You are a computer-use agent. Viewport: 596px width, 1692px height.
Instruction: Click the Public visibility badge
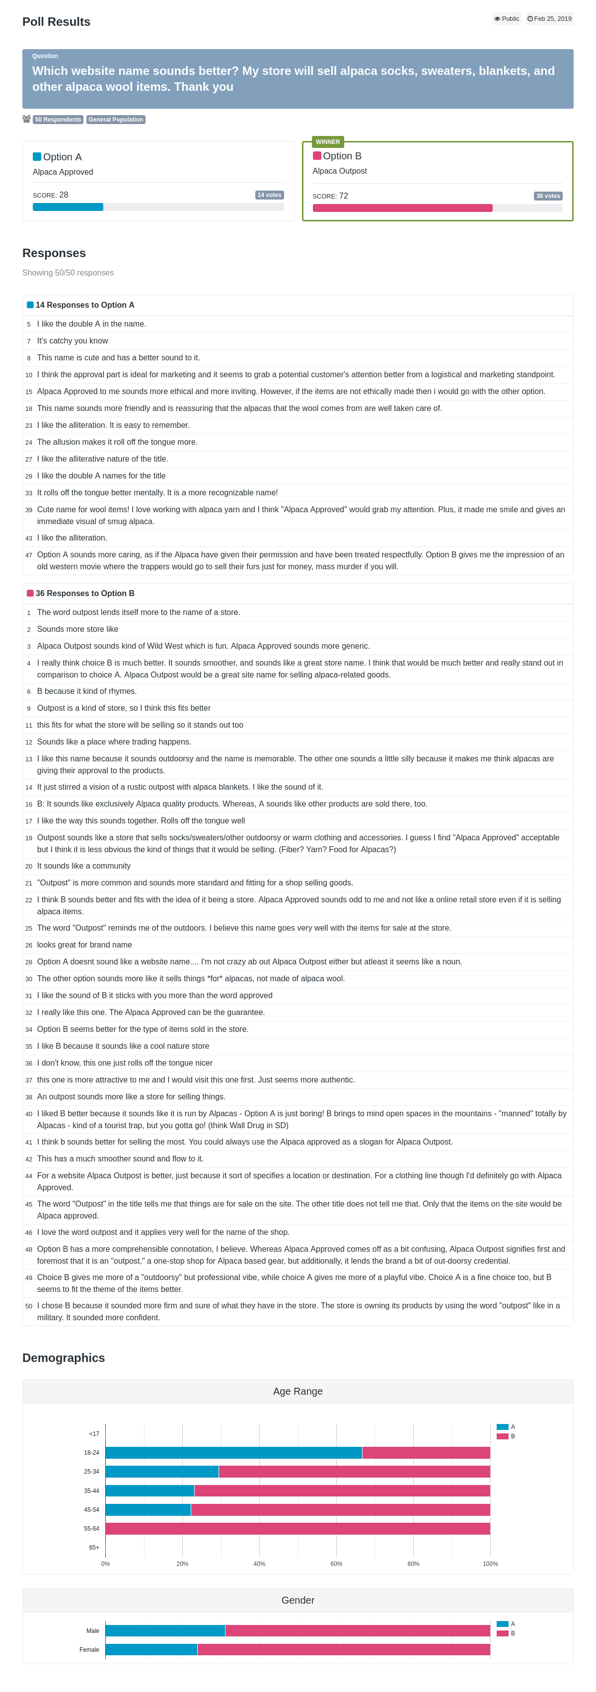[x=507, y=19]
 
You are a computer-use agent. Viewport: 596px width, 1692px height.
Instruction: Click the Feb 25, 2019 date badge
[x=549, y=19]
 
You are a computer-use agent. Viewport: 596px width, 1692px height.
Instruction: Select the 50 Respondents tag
[x=58, y=120]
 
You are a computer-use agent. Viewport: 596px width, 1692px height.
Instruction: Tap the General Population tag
[x=116, y=120]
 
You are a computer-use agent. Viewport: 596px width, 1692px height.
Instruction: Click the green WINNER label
[x=327, y=142]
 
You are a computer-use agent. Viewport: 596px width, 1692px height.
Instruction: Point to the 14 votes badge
[x=269, y=195]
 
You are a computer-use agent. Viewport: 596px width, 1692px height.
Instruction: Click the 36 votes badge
[x=548, y=196]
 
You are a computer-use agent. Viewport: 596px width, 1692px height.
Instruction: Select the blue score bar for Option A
[x=68, y=207]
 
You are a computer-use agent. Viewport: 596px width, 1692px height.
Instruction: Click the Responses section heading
[x=54, y=254]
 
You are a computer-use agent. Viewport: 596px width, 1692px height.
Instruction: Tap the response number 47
[x=29, y=555]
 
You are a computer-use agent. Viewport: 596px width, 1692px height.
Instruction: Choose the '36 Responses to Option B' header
[x=85, y=593]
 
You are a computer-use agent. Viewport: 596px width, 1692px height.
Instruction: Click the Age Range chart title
[x=298, y=1391]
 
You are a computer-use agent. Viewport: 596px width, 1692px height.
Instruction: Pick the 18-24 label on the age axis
[x=91, y=1452]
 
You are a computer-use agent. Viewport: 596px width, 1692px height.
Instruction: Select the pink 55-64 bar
[x=298, y=1528]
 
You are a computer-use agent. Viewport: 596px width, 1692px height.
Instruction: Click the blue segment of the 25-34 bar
[x=161, y=1471]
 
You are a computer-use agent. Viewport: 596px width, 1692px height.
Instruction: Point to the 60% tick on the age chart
[x=336, y=1563]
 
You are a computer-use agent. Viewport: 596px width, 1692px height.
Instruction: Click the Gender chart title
[x=298, y=1600]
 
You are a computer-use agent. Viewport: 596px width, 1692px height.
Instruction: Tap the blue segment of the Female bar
[x=151, y=1649]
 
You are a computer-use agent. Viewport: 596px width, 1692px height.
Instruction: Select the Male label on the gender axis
[x=93, y=1630]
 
